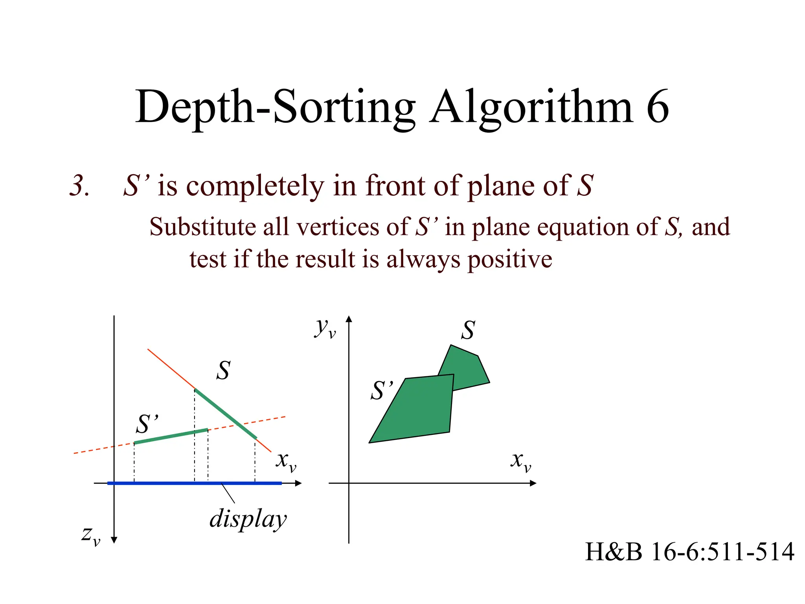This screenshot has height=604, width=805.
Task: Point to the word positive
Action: pos(510,260)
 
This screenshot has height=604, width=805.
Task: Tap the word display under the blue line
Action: pos(248,519)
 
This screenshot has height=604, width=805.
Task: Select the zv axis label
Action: pos(91,536)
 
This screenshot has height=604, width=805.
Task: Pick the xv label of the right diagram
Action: pos(521,461)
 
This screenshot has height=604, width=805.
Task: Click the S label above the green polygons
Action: pos(468,330)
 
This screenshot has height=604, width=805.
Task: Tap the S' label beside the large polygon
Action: pos(381,390)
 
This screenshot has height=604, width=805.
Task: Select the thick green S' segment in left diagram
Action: pos(171,436)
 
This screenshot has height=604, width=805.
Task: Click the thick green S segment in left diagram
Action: pos(226,414)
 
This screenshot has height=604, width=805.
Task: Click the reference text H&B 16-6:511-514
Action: pos(689,552)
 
